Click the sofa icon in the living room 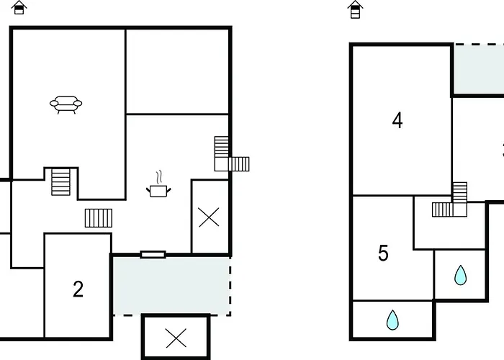click(x=66, y=105)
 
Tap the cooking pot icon click(x=158, y=190)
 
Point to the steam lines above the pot click(x=159, y=176)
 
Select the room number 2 click(x=78, y=289)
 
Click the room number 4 click(x=397, y=120)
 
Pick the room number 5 click(x=383, y=253)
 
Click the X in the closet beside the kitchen click(x=209, y=217)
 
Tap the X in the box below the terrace click(x=175, y=336)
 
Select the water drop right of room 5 click(x=460, y=275)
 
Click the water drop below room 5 click(x=392, y=319)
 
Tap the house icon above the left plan click(x=19, y=8)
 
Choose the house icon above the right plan click(x=355, y=9)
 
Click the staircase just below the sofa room click(x=61, y=181)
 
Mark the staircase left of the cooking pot click(x=99, y=217)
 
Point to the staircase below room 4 click(x=452, y=202)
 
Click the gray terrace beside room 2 click(x=171, y=285)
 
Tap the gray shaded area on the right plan click(x=479, y=69)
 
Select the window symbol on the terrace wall click(x=153, y=254)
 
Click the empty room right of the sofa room click(x=178, y=71)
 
